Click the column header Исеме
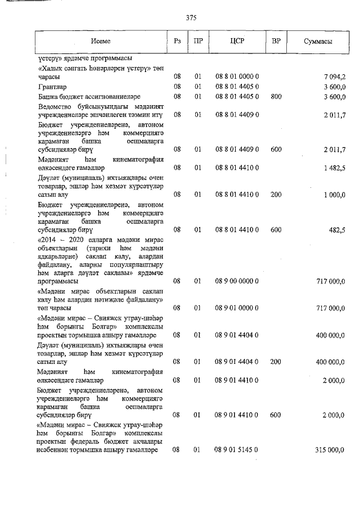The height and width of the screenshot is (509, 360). click(102, 42)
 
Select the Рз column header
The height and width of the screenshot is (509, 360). click(177, 42)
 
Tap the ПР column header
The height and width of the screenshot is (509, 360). click(198, 42)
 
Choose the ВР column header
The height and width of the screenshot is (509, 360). click(276, 42)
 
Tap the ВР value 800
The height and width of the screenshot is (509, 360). click(276, 97)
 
